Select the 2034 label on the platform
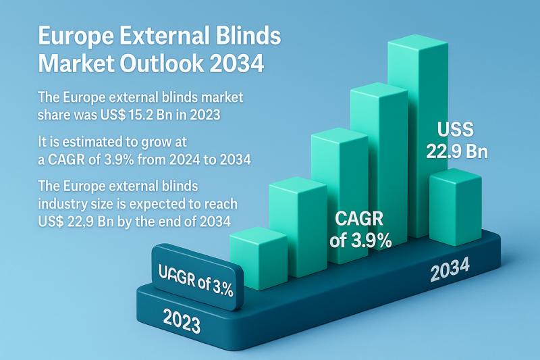450,272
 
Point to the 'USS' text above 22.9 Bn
456,129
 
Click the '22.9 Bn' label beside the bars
456,151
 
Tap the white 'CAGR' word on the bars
360,219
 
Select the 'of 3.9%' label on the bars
360,240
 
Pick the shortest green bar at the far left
258,260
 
